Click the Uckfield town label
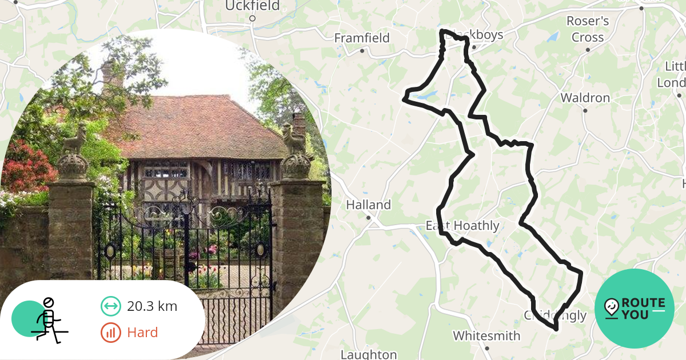coord(252,6)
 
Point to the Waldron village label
coord(585,98)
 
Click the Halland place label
coord(368,205)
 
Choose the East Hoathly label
coord(462,226)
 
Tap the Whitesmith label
coord(486,335)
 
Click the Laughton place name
coord(368,354)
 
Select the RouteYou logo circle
coord(635,309)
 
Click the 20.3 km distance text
coord(152,306)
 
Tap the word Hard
coord(142,333)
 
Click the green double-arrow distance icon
coord(110,307)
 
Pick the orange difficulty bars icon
coord(110,333)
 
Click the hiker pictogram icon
coord(48,320)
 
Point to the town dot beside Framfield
coord(362,51)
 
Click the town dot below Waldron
coord(585,110)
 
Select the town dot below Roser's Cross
coord(588,50)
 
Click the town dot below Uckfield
coord(252,18)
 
